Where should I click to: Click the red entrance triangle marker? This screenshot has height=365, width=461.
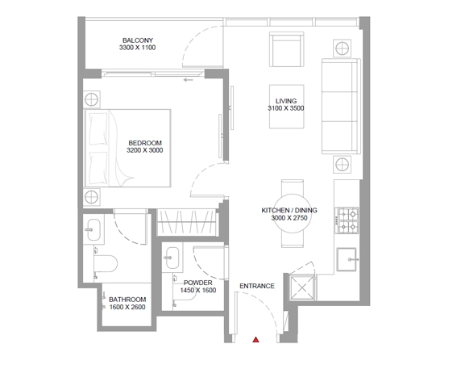[255, 340]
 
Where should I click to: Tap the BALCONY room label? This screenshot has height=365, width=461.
[138, 40]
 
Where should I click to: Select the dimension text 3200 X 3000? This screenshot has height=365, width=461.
[144, 150]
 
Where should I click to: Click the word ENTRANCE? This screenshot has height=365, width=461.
[257, 286]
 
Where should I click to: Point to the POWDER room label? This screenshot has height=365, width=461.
[198, 283]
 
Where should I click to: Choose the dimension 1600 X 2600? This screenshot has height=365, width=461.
[127, 307]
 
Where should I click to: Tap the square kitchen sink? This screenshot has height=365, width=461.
[347, 259]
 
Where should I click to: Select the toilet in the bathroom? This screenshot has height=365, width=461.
[106, 263]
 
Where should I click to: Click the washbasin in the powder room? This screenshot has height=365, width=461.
[172, 258]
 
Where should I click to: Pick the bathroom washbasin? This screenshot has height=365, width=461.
[93, 229]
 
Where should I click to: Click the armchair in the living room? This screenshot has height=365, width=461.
[287, 49]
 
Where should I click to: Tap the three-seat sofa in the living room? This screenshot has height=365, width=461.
[341, 106]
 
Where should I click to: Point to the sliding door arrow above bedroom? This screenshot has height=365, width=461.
[188, 79]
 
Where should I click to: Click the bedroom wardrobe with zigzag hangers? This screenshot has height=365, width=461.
[187, 222]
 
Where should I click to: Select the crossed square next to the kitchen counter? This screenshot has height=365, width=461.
[302, 287]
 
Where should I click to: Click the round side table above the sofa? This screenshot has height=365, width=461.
[343, 48]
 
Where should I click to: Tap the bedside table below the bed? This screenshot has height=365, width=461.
[91, 196]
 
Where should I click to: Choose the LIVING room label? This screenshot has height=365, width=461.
[286, 101]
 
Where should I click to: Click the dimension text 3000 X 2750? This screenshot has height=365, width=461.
[289, 218]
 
